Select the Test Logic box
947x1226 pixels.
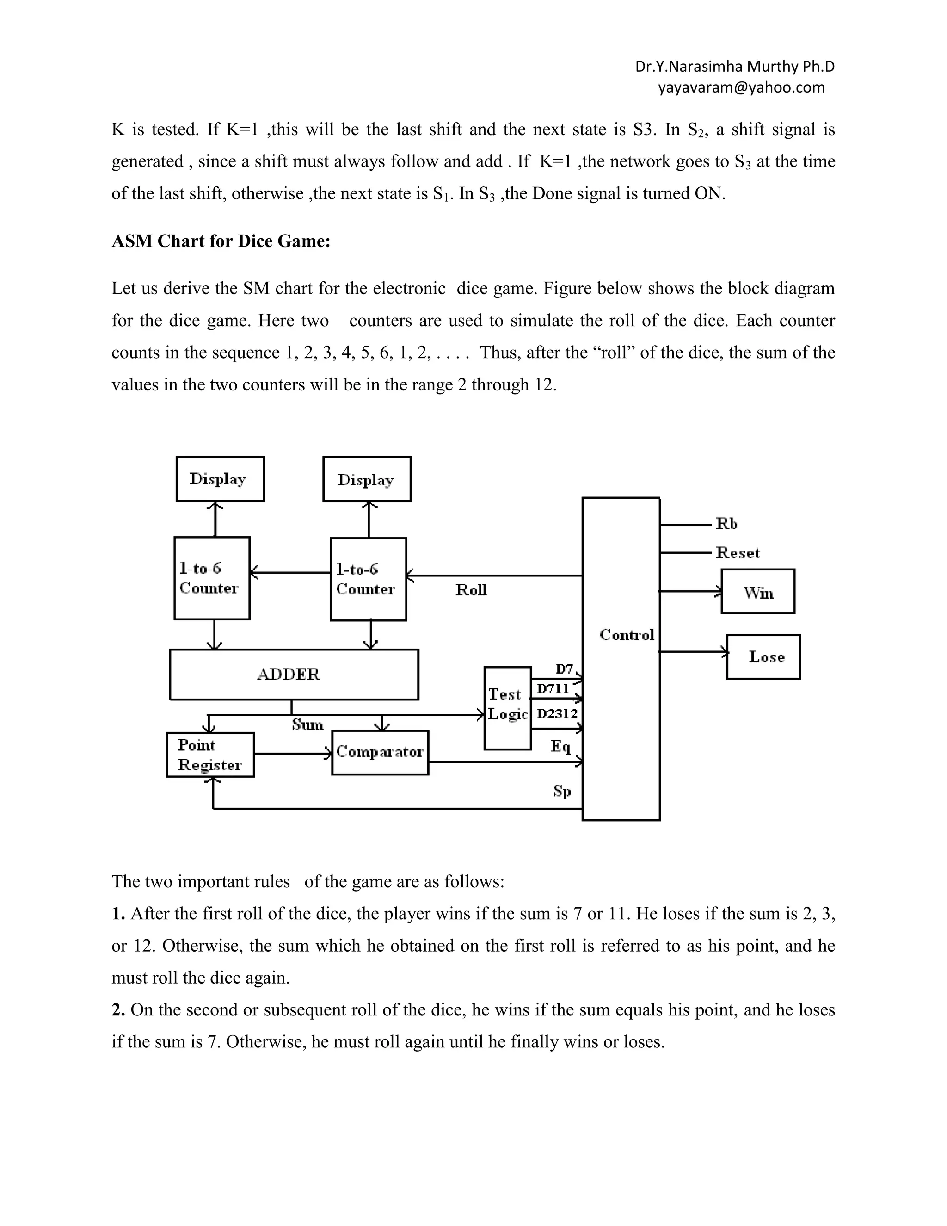(507, 708)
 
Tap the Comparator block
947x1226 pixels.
(380, 752)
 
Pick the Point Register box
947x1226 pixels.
(210, 755)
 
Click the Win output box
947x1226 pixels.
(757, 591)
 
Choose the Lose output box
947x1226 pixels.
(763, 657)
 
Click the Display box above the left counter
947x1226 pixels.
(220, 479)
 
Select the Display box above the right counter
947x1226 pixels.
(367, 479)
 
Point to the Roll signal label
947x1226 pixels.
(471, 590)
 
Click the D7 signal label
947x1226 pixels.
(564, 669)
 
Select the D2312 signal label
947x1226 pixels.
(557, 713)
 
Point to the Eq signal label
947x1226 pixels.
(560, 746)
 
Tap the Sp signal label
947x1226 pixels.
(561, 791)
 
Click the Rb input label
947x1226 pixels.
(726, 524)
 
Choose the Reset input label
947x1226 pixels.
(738, 553)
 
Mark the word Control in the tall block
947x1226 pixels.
(627, 635)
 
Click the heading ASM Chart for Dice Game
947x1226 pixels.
(221, 241)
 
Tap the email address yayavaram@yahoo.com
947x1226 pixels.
(741, 87)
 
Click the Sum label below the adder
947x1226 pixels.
(307, 724)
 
